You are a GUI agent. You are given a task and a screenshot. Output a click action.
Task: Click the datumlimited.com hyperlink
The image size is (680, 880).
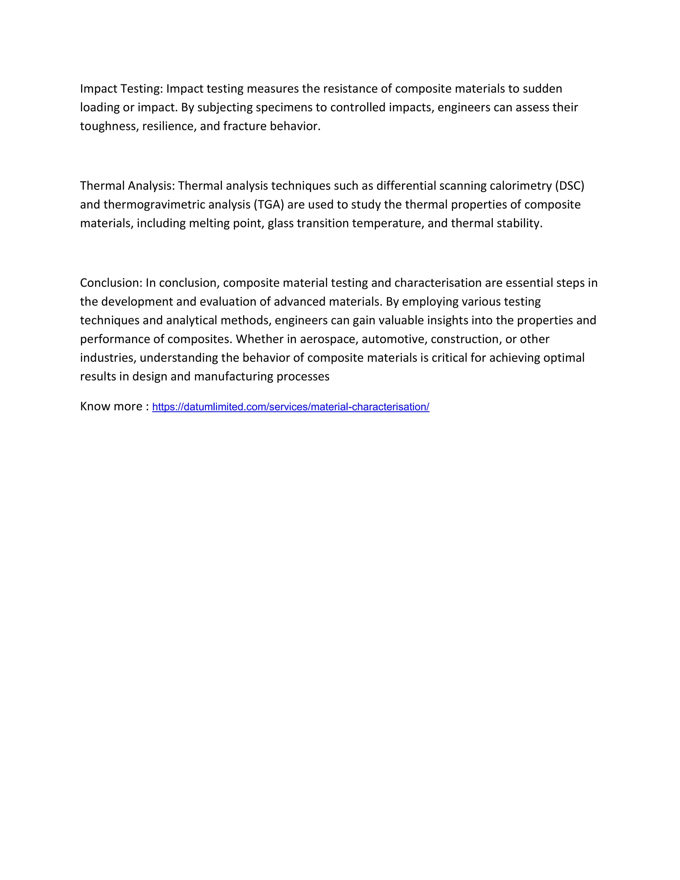coord(291,407)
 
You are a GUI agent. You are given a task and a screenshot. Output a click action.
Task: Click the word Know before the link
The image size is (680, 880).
coord(95,406)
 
